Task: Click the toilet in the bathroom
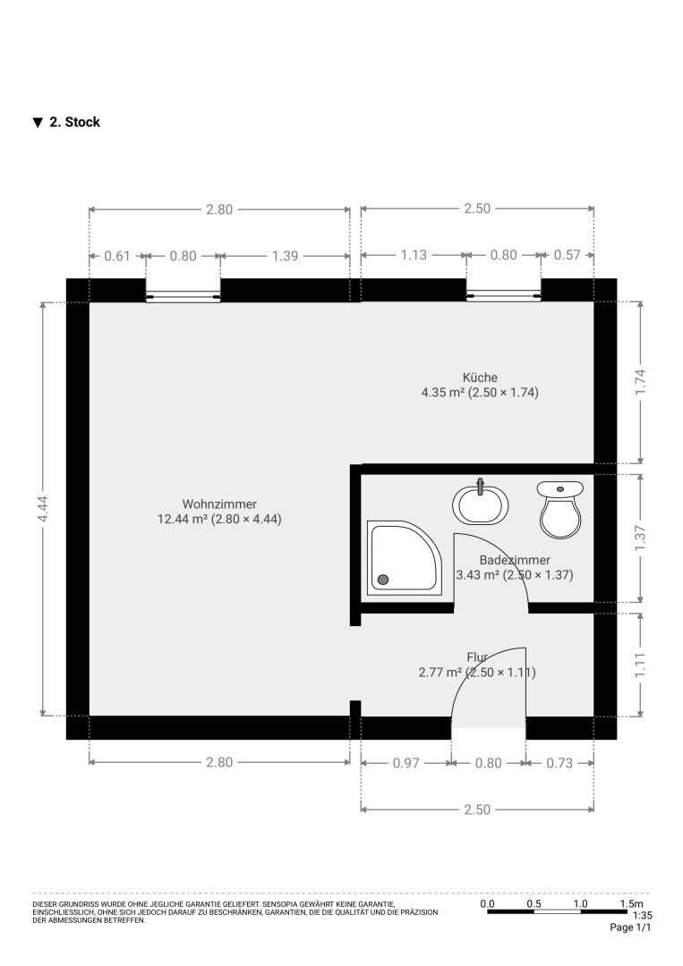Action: tap(559, 510)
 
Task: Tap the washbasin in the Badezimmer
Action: tap(481, 504)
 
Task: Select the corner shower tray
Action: tap(405, 558)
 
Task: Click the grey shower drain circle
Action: tap(383, 579)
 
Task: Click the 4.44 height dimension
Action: tap(43, 509)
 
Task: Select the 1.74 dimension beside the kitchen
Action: tap(640, 383)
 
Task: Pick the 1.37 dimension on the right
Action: tap(640, 538)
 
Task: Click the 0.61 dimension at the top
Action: tap(117, 256)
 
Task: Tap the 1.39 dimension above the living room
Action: tap(285, 256)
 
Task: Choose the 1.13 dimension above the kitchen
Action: tap(413, 255)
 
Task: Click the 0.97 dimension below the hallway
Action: tap(406, 763)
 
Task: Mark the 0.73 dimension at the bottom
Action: tap(559, 763)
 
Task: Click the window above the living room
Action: tap(184, 290)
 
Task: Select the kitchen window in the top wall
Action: tap(504, 290)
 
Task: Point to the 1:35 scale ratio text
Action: tap(643, 916)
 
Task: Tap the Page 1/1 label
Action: tap(630, 928)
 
